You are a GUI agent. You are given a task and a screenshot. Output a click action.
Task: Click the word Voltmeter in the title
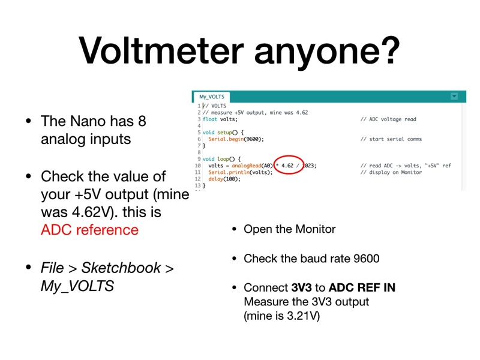tap(161, 50)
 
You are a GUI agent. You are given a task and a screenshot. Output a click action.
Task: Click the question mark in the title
tap(388, 50)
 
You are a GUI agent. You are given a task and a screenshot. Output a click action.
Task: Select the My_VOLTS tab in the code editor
tap(212, 97)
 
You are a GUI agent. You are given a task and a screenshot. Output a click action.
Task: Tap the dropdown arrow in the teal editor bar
tap(454, 97)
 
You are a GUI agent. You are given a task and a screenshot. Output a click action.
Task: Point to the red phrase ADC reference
tap(89, 230)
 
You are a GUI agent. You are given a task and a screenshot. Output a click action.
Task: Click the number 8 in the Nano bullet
tap(142, 121)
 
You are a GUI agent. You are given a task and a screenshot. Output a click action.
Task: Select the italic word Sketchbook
tap(121, 268)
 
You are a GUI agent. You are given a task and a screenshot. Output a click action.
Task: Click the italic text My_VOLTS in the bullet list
tap(77, 286)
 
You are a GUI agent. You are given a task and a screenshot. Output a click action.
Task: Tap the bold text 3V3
tap(302, 288)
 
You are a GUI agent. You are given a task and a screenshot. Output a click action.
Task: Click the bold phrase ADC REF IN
tap(362, 288)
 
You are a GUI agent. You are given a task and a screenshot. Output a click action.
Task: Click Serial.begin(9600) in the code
tap(236, 139)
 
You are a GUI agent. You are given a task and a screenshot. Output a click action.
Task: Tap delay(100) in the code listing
tap(224, 179)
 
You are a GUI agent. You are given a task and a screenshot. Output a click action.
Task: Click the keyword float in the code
tap(209, 119)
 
